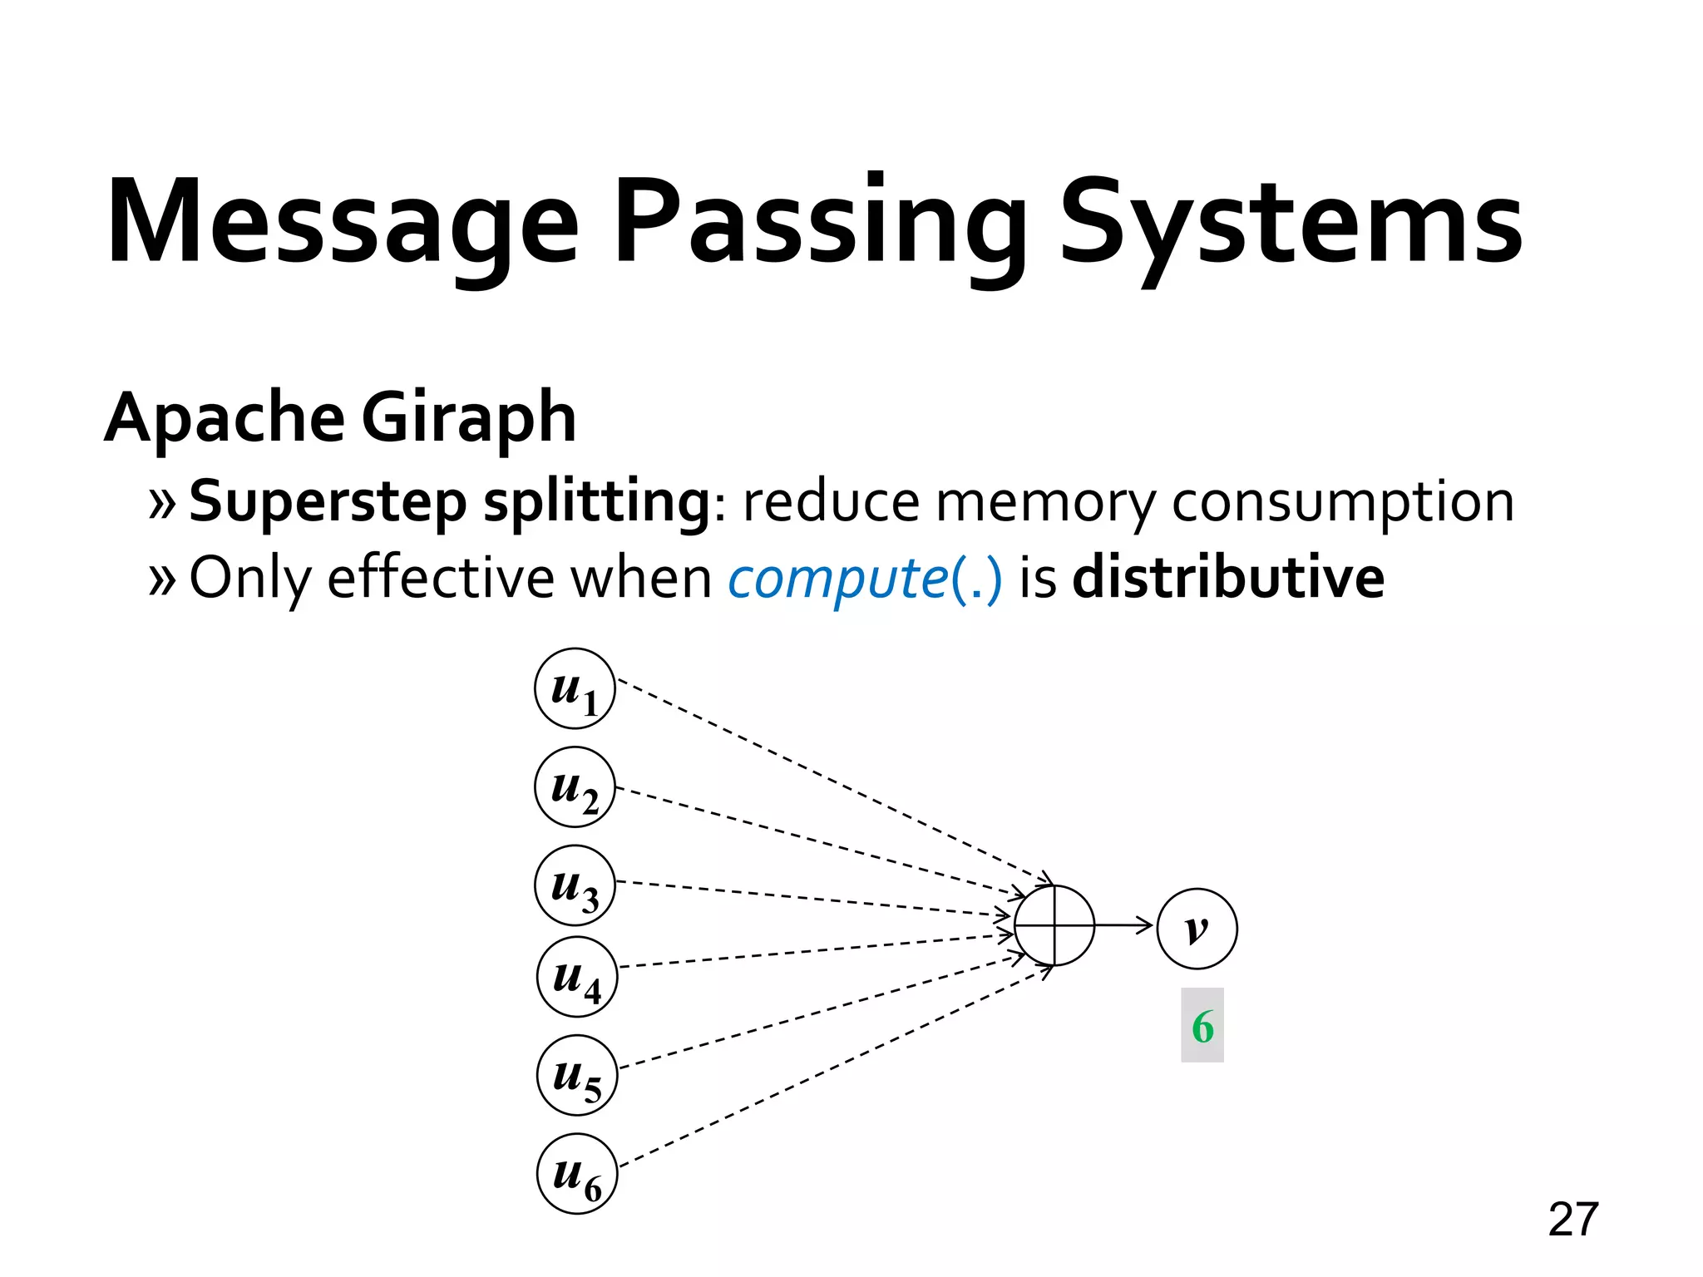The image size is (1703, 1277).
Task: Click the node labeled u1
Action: [575, 688]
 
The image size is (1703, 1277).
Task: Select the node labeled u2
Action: [575, 786]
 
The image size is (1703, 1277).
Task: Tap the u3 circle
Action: [575, 885]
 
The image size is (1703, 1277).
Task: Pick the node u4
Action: [577, 977]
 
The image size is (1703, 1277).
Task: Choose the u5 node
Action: [577, 1075]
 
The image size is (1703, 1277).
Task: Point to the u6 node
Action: [577, 1173]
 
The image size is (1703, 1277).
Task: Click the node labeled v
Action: [1197, 929]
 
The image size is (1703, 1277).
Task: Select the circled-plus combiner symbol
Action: [1054, 925]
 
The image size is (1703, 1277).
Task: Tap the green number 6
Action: [1202, 1026]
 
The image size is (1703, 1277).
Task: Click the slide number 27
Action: [1573, 1220]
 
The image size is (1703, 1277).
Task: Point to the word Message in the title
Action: [342, 223]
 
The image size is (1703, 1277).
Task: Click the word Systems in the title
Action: [1291, 223]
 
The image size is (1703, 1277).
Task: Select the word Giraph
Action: [468, 418]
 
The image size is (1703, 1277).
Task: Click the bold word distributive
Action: [1228, 577]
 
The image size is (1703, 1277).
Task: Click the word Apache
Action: [225, 418]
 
